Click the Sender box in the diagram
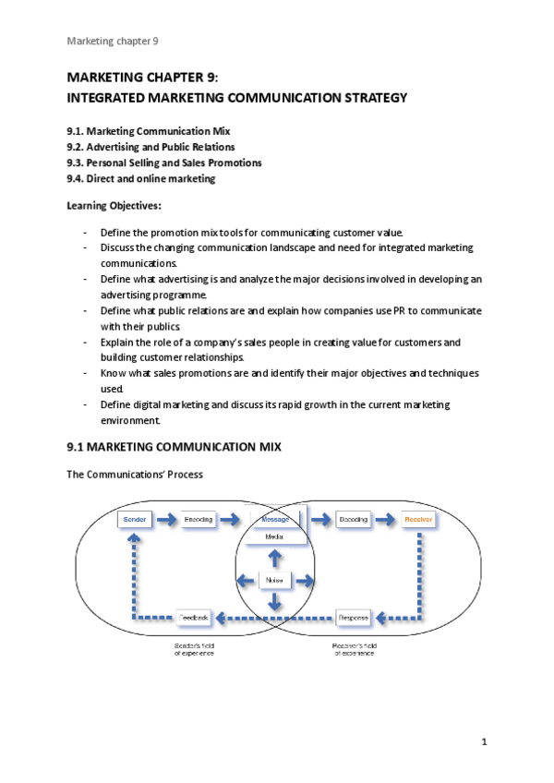[136, 520]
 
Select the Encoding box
[199, 520]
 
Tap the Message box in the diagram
[275, 520]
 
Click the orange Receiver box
[418, 520]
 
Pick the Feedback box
[195, 616]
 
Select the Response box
[353, 616]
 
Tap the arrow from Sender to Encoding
[167, 520]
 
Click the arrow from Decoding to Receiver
[386, 520]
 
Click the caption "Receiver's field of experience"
[355, 649]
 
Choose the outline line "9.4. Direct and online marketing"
[141, 179]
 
